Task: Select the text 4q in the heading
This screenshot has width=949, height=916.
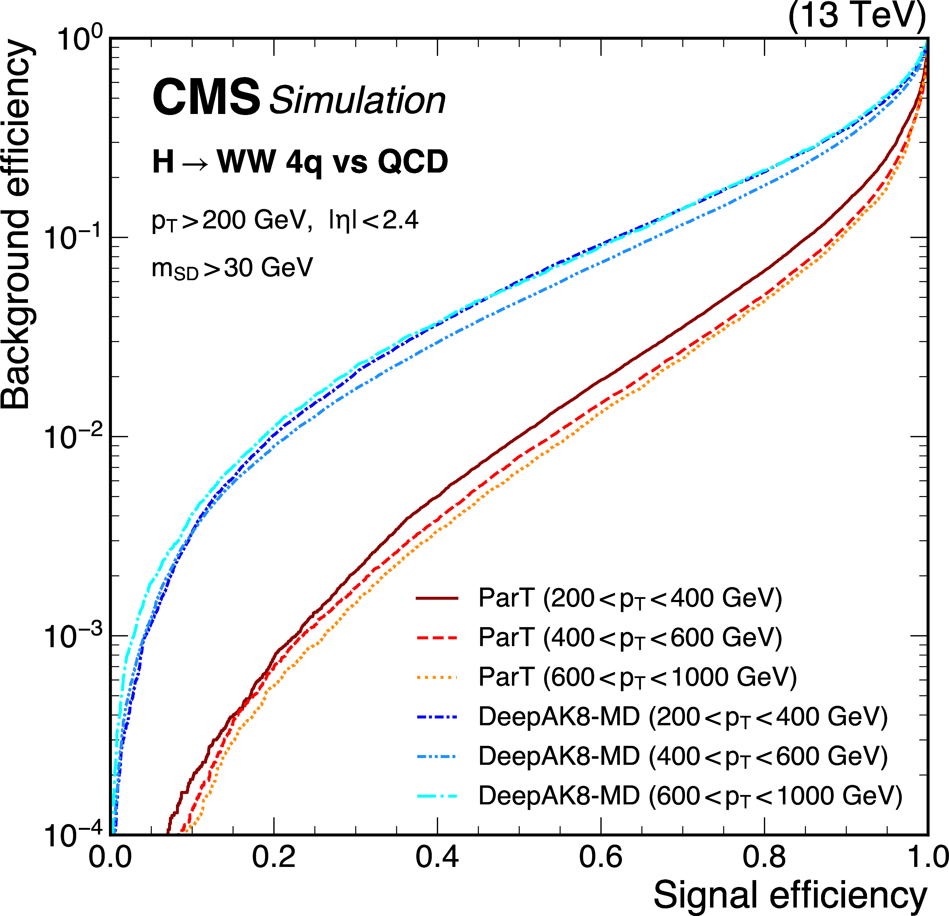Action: [x=304, y=162]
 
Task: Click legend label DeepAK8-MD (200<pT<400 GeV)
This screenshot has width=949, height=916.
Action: [x=683, y=717]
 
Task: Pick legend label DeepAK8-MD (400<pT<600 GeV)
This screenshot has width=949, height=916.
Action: [x=683, y=756]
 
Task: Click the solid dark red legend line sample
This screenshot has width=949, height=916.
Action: [x=437, y=599]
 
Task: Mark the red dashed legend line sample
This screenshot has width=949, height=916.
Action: [x=437, y=638]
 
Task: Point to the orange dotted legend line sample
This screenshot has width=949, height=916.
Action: [x=437, y=677]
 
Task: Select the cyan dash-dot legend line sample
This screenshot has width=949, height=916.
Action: [x=437, y=795]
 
